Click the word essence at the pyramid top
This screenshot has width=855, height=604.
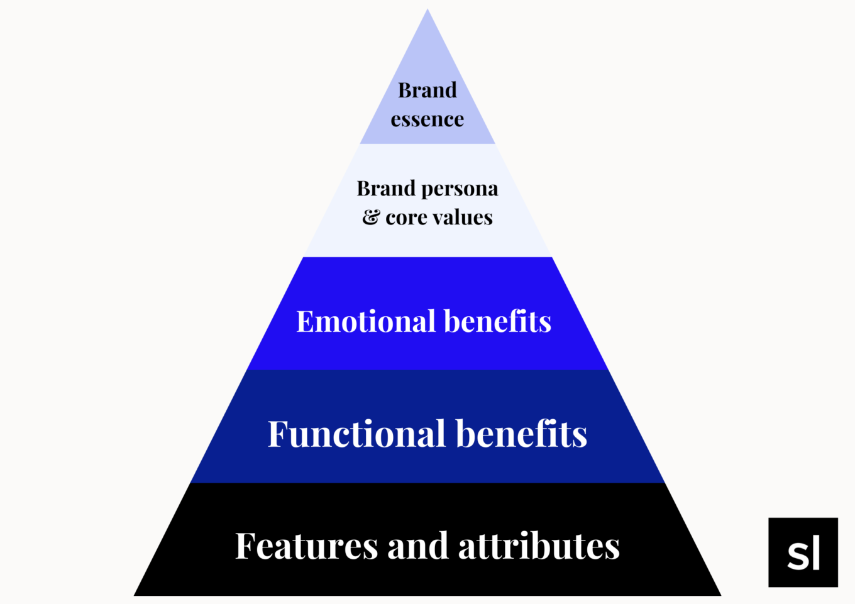427,119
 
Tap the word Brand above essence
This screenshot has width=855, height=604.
427,91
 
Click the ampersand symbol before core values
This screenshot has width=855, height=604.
371,217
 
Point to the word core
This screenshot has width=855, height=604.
405,218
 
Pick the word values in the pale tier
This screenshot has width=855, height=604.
462,217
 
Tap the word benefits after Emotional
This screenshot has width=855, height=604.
497,321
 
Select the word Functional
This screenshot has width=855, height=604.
356,434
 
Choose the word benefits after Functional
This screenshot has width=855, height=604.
521,434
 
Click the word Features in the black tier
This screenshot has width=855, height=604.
307,546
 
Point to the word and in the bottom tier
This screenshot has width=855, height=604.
418,546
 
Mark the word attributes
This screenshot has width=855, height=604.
539,546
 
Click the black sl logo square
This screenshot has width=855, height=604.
803,552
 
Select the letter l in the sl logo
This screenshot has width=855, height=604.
816,552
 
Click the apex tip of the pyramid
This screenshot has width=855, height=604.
427,10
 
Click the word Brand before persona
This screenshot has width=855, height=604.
386,189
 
